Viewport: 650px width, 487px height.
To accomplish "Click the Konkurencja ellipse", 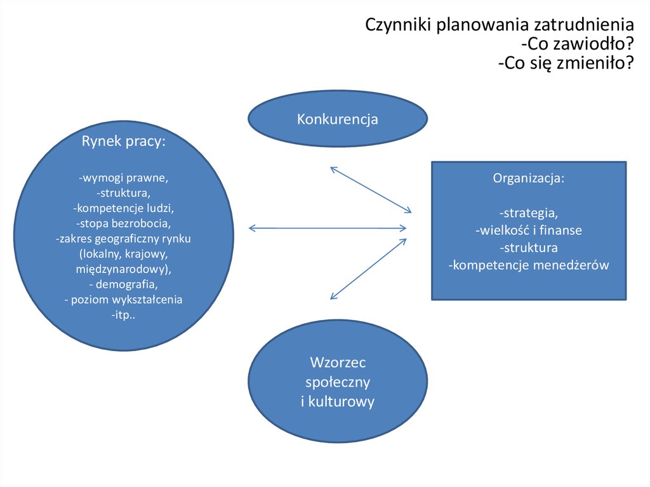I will (x=337, y=119).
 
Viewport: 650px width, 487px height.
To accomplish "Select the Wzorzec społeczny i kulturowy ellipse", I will (x=337, y=382).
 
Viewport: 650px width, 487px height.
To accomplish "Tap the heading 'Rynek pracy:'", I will (x=123, y=142).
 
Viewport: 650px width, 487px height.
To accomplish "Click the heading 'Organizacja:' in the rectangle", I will (x=528, y=178).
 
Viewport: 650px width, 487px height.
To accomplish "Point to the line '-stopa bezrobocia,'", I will (x=123, y=223).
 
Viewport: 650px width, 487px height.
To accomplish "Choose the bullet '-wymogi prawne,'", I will (x=123, y=177).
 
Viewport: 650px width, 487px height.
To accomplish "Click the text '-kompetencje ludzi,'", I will (x=123, y=208).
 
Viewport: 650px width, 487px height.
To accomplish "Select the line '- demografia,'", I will (x=123, y=284).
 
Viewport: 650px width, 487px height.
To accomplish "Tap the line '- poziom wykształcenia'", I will (x=123, y=300).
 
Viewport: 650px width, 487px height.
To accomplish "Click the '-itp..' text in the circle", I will (x=123, y=315).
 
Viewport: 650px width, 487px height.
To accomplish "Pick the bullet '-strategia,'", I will (x=528, y=213).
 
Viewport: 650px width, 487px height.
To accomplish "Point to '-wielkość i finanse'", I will (x=528, y=230).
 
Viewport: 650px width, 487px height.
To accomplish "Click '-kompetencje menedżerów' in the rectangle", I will (x=528, y=265).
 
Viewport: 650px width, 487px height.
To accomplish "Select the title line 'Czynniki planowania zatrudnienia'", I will (x=500, y=25).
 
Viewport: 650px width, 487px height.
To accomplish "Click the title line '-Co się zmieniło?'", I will (x=566, y=63).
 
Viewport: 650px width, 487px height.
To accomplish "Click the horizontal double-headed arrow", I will (x=327, y=228).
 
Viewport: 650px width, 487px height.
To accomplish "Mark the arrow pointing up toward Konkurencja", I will (x=371, y=190).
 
